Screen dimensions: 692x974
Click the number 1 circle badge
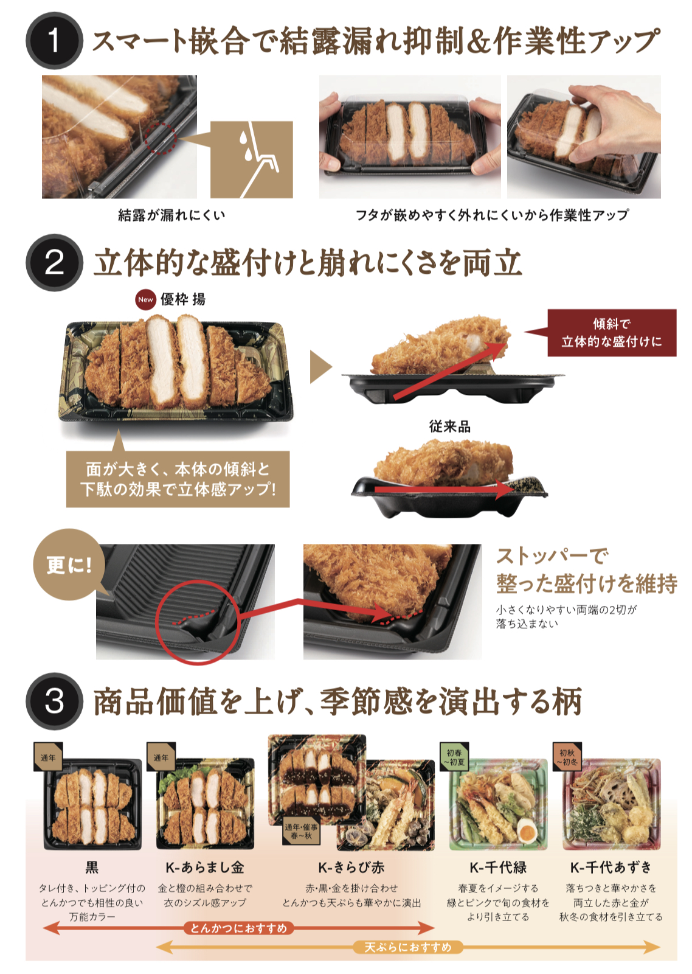54,40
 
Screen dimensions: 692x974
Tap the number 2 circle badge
54,263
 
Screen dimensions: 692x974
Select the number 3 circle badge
54,701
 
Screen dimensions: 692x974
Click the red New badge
145,299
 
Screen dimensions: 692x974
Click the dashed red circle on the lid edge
161,137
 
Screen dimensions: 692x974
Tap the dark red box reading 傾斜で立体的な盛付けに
611,333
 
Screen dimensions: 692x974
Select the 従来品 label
450,426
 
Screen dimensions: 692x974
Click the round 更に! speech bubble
69,565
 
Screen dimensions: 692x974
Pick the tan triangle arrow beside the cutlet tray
320,367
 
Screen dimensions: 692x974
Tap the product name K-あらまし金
205,868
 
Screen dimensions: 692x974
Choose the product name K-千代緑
498,868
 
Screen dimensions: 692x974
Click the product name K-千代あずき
611,868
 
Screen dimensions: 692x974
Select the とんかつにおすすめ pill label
238,928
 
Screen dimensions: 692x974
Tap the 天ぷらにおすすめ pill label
407,947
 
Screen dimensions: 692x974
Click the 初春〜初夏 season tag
454,757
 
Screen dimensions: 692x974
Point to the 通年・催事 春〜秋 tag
301,831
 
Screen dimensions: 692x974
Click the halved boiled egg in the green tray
527,830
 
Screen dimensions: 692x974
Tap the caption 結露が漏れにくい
171,215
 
